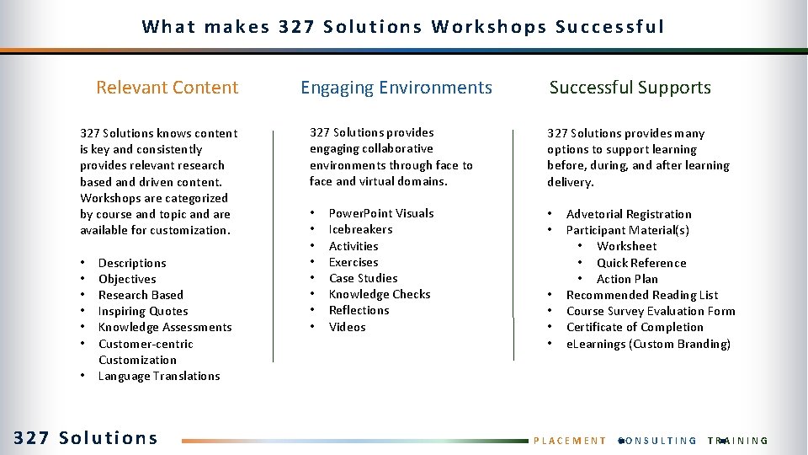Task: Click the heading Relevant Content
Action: click(x=167, y=88)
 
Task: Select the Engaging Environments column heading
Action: click(x=396, y=88)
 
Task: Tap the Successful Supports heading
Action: click(x=630, y=88)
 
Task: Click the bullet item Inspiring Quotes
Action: click(x=143, y=311)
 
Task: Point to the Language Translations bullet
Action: click(x=159, y=376)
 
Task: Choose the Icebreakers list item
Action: click(x=360, y=229)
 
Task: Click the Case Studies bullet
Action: click(x=363, y=278)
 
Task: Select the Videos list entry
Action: click(x=347, y=327)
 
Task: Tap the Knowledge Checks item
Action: click(x=379, y=294)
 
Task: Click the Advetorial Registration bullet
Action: click(x=629, y=214)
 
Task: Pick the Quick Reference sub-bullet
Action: click(x=641, y=263)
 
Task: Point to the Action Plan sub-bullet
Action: click(x=627, y=279)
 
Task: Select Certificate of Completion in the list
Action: click(x=635, y=327)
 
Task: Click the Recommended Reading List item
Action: click(x=642, y=295)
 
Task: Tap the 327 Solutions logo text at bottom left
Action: click(x=86, y=438)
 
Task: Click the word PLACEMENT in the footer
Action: click(x=571, y=441)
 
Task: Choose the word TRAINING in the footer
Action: click(x=738, y=441)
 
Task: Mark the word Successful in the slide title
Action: click(x=609, y=27)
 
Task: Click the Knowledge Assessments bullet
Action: click(x=165, y=327)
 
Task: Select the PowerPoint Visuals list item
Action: click(x=381, y=213)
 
